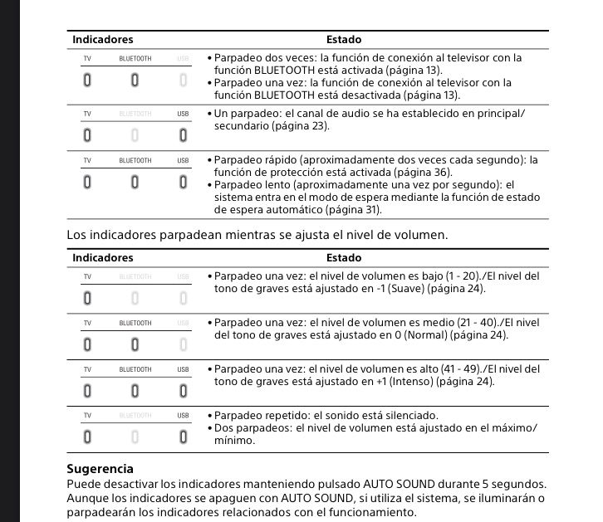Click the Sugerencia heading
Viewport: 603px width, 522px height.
click(100, 469)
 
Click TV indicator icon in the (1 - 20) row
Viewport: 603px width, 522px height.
click(87, 296)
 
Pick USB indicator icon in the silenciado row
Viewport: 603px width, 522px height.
click(183, 436)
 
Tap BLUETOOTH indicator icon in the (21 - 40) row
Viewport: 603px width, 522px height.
click(135, 344)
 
